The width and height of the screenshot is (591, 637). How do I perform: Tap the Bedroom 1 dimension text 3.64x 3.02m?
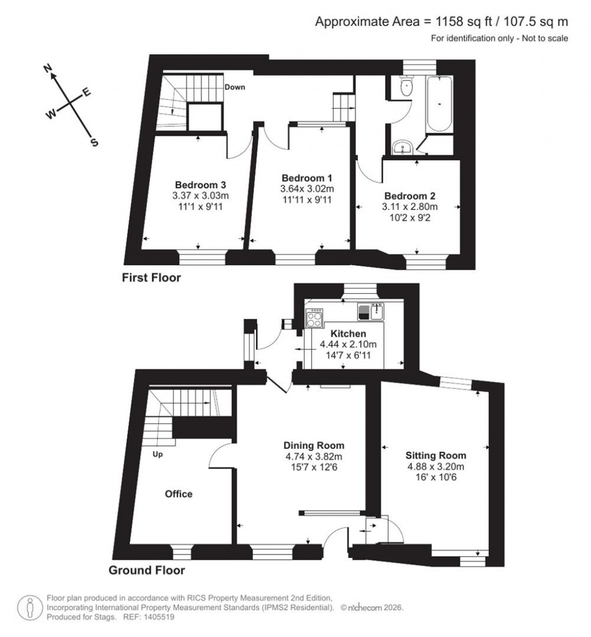pyautogui.click(x=306, y=189)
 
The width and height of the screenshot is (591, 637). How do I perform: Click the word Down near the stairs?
pyautogui.click(x=235, y=88)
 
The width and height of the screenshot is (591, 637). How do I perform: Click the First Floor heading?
pyautogui.click(x=151, y=278)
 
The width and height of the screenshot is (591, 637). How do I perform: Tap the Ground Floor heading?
pyautogui.click(x=147, y=571)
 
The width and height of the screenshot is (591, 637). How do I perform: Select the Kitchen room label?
pyautogui.click(x=348, y=334)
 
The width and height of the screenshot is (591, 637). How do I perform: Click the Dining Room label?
pyautogui.click(x=313, y=445)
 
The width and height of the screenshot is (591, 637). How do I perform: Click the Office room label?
pyautogui.click(x=178, y=494)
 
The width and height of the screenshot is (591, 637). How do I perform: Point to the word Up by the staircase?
pyautogui.click(x=158, y=455)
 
